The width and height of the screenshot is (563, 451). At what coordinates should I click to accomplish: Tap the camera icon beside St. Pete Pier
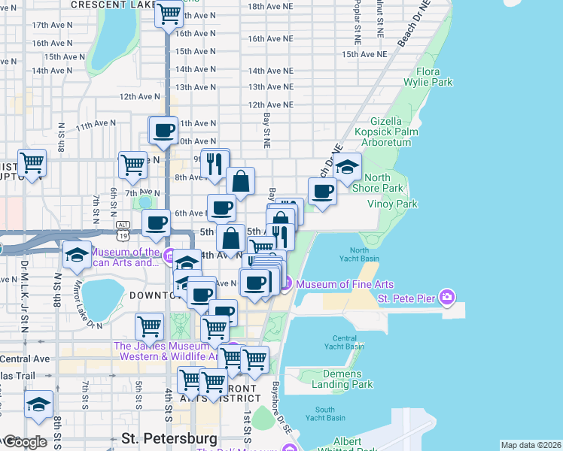tap(448, 298)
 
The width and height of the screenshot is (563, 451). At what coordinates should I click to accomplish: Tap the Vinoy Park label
tap(391, 204)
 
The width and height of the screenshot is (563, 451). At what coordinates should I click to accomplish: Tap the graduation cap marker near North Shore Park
tap(347, 168)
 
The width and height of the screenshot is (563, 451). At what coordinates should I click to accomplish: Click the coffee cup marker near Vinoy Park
tap(323, 192)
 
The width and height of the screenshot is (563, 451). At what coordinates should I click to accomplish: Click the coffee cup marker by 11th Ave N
tap(163, 131)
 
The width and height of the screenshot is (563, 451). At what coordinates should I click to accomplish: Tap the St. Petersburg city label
tap(169, 437)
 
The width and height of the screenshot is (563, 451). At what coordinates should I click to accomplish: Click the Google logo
tap(25, 443)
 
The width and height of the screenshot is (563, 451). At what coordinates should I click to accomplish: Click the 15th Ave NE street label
tap(364, 54)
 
